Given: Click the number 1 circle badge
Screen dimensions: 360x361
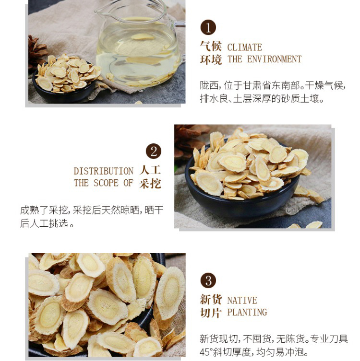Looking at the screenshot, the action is [x=208, y=27].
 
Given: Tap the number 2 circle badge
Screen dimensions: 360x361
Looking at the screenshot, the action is [x=154, y=151].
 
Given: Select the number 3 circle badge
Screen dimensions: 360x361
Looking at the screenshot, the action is [x=208, y=280].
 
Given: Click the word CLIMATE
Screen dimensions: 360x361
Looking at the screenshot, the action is [x=244, y=47].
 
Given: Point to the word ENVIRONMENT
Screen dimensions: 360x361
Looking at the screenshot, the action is [x=274, y=59].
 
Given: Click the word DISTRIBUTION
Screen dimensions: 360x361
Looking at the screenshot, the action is [x=104, y=171].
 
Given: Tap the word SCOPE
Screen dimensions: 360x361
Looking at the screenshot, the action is [x=106, y=183].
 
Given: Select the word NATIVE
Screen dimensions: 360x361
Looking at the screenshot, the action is [x=242, y=300].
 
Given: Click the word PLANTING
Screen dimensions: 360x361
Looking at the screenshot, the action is [x=247, y=312].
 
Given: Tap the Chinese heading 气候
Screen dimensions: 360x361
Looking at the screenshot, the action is [x=211, y=47].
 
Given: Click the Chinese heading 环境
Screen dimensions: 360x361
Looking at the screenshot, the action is [x=211, y=59].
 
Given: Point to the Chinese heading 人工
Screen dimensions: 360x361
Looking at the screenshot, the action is [x=150, y=170].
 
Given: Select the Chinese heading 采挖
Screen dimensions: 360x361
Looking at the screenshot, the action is [x=150, y=184].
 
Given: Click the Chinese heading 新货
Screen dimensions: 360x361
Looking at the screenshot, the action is [x=211, y=299].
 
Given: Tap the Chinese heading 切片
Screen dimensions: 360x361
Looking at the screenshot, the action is [x=211, y=313].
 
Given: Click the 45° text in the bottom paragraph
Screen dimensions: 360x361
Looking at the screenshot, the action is [x=205, y=352].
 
